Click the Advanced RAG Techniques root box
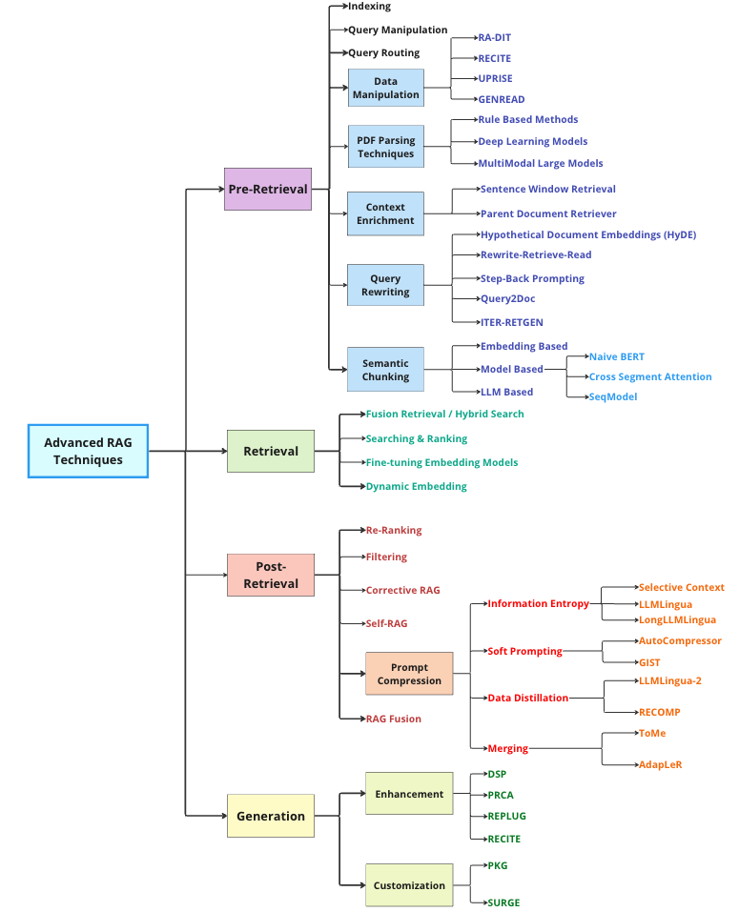pos(88,451)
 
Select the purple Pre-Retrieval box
pos(268,189)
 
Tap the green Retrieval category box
pos(271,451)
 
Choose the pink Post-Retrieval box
pos(271,575)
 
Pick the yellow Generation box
pos(271,816)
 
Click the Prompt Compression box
pos(409,674)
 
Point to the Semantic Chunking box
pos(385,370)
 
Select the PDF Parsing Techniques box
pos(385,147)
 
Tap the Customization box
pos(409,885)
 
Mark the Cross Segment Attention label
pos(649,376)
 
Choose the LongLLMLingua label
pos(677,619)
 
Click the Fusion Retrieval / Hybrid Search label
pos(444,414)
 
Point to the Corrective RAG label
pos(402,590)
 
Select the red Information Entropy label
pos(538,603)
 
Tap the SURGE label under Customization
pos(503,902)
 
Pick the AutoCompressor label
pos(680,640)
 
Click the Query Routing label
pos(383,52)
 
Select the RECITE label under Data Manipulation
pos(494,58)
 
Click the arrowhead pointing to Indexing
pos(343,7)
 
